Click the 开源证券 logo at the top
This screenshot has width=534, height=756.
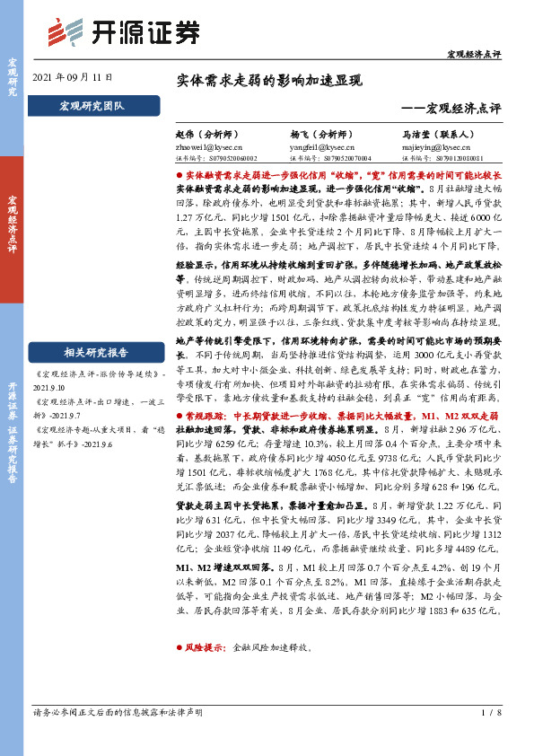click(x=123, y=32)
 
